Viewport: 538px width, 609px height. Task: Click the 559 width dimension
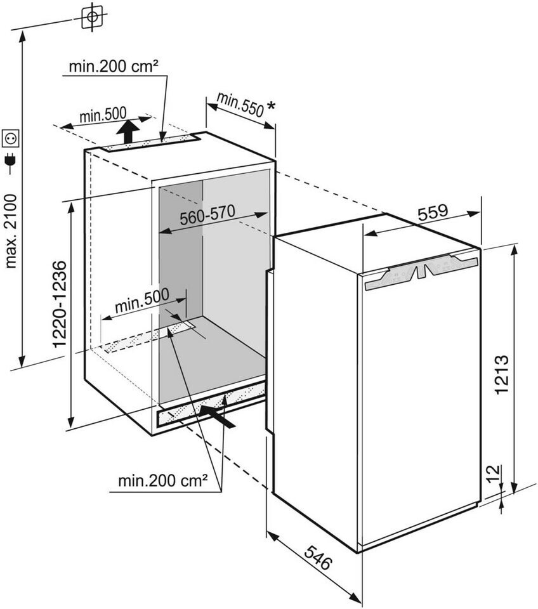(x=433, y=212)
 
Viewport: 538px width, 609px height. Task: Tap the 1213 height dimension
(x=502, y=374)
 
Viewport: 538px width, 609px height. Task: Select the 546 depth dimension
(x=318, y=558)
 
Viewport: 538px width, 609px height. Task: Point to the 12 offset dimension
(x=492, y=473)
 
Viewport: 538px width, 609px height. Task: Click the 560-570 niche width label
(x=207, y=215)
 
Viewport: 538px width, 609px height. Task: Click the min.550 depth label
(x=240, y=105)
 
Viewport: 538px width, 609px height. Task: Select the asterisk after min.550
(x=271, y=106)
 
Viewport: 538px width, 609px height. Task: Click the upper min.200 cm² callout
(x=114, y=67)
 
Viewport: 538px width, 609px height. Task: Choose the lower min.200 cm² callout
(x=163, y=481)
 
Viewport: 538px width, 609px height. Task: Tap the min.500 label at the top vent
(x=103, y=115)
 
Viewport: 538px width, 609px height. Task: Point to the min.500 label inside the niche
(x=142, y=300)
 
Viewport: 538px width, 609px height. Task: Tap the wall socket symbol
(x=11, y=138)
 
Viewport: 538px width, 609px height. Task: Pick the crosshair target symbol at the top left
(x=92, y=16)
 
